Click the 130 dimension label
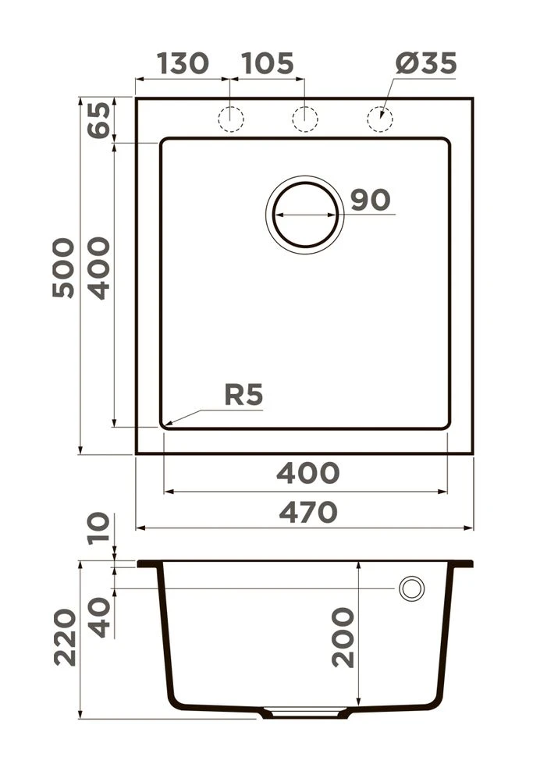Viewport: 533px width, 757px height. point(183,63)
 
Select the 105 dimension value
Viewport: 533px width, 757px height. point(268,63)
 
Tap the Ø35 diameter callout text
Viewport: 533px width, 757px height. point(426,63)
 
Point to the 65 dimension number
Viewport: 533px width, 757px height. point(99,120)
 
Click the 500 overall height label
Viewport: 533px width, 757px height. point(64,268)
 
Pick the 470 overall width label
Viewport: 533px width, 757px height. point(308,512)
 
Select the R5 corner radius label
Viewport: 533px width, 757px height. point(243,394)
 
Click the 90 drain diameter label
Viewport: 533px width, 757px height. point(371,200)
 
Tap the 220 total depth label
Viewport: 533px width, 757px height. point(65,638)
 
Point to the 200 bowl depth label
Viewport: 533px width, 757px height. point(343,638)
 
